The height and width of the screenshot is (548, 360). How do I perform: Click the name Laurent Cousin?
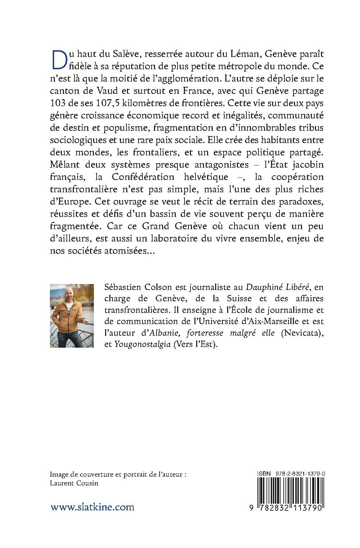74,483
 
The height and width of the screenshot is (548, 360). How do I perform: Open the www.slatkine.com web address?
92,507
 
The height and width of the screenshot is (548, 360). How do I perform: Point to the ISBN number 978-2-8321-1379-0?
298,473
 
